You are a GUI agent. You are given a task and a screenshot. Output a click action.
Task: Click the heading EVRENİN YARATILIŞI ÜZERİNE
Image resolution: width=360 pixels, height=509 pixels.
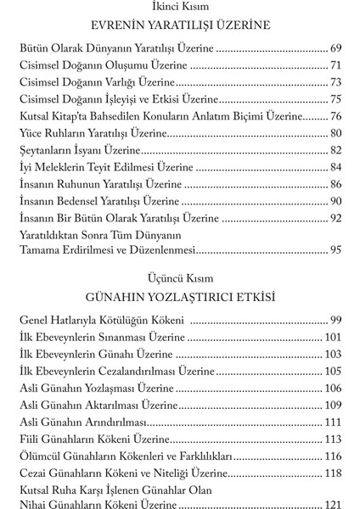coord(179,25)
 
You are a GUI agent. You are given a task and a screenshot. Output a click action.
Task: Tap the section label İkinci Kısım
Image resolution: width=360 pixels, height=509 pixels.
coord(179,8)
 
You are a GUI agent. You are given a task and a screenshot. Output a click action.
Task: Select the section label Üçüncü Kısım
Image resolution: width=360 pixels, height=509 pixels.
coord(179,277)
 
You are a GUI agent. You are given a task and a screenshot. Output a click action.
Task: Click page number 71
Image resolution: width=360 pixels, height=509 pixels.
coord(335,65)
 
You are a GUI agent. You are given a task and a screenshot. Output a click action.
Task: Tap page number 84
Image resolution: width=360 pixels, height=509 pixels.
coord(335,166)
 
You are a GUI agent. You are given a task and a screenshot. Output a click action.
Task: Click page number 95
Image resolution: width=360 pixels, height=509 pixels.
coord(335,249)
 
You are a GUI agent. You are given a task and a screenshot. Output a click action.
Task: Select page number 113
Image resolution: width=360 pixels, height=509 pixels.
coord(332,439)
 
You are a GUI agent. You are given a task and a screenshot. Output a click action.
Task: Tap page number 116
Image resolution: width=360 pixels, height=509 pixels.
coord(332,456)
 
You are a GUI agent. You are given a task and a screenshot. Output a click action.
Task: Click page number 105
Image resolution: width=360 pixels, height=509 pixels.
coord(332,371)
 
